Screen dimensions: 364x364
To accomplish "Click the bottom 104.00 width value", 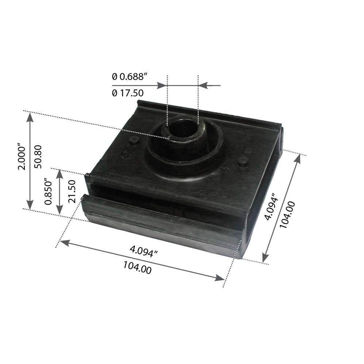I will point(137,269).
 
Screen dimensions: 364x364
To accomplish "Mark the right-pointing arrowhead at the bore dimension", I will point(162,85).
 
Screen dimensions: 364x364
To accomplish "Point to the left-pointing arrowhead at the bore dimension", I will point(203,85).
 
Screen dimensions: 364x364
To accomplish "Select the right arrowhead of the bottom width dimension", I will point(220,279).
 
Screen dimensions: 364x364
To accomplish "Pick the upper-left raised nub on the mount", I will point(134,139).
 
